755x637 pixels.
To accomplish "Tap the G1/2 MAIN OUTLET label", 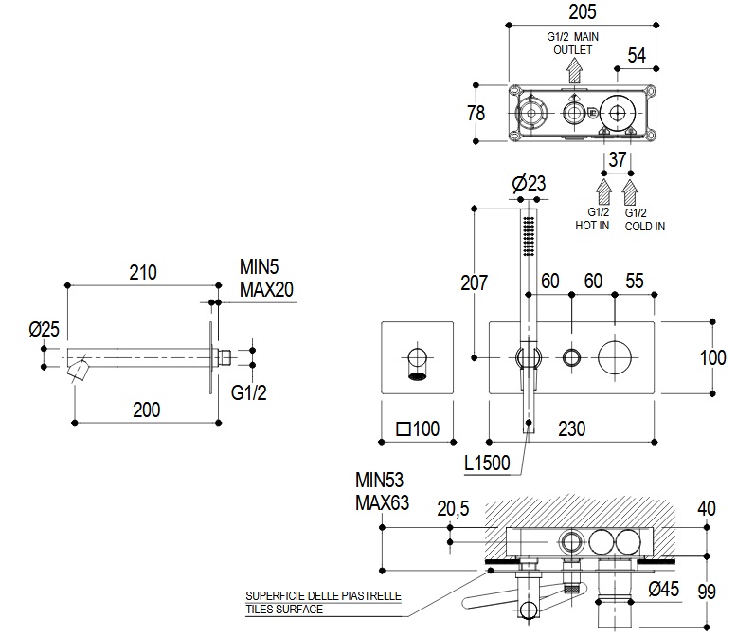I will pyautogui.click(x=572, y=43).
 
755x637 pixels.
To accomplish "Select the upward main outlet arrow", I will pyautogui.click(x=573, y=69).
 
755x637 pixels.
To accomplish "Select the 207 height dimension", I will pyautogui.click(x=474, y=282).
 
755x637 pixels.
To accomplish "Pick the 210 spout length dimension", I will pyautogui.click(x=142, y=273).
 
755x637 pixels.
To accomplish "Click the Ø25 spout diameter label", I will pyautogui.click(x=44, y=329).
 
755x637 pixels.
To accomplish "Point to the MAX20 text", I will pyautogui.click(x=267, y=290).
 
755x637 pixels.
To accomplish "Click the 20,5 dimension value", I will pyautogui.click(x=455, y=509).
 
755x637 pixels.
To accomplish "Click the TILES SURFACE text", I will pyautogui.click(x=284, y=609).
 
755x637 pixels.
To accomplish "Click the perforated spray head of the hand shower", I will pyautogui.click(x=530, y=235).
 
